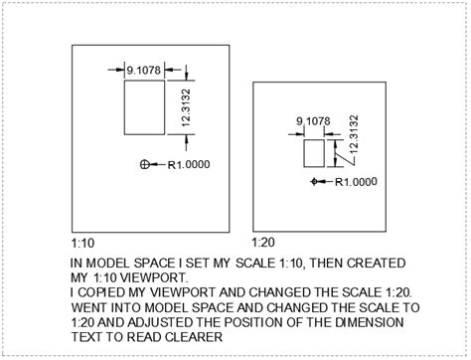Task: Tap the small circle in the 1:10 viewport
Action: (x=145, y=163)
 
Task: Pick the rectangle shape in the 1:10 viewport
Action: (x=143, y=108)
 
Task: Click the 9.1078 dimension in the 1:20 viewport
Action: (x=313, y=121)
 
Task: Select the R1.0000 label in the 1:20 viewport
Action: (x=356, y=182)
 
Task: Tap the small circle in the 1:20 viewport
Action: (x=316, y=181)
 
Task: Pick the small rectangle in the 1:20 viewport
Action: (x=313, y=152)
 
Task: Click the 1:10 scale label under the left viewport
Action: (x=82, y=243)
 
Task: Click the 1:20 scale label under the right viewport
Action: (x=264, y=243)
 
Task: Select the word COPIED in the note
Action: (x=102, y=292)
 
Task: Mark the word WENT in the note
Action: (x=89, y=307)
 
